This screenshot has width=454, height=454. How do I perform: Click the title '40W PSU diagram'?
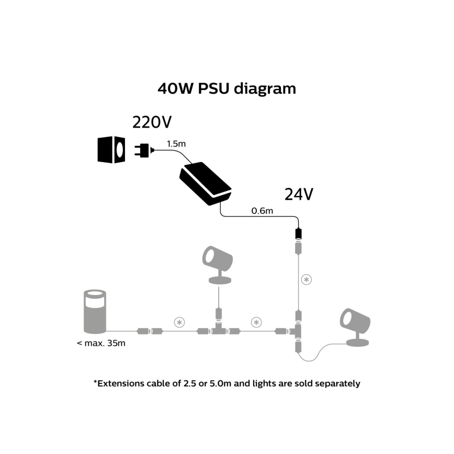[x=226, y=88]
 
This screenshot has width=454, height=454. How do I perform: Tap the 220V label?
[x=152, y=122]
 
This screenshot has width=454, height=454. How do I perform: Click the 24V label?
[x=299, y=194]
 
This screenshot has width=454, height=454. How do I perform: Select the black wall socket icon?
[x=111, y=150]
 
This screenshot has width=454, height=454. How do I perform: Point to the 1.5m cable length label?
[x=175, y=143]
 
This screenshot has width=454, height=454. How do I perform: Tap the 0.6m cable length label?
[x=262, y=211]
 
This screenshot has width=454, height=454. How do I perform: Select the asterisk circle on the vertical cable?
[x=307, y=279]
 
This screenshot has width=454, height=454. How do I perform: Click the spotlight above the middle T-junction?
[x=218, y=264]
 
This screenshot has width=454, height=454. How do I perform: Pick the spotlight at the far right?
[x=356, y=327]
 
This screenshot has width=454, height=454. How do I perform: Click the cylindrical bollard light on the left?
[x=95, y=312]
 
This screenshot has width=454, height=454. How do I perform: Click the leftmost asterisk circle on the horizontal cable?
[x=179, y=322]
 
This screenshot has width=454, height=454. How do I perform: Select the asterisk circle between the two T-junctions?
[x=256, y=322]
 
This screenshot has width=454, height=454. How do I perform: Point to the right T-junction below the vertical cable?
[x=298, y=331]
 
